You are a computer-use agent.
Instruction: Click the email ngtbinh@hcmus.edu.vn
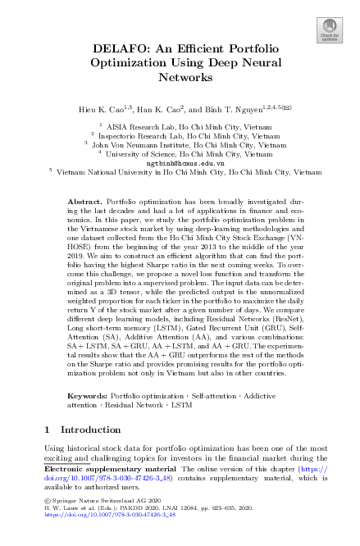[180, 163]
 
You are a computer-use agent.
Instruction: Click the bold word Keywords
[88, 396]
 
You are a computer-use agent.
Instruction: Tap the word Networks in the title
[180, 78]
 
